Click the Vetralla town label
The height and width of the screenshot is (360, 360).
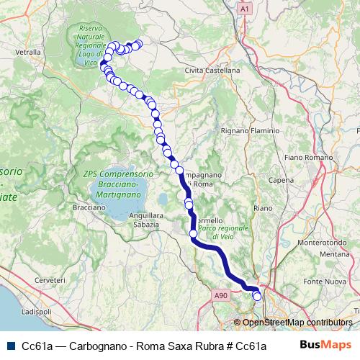[x=27, y=53]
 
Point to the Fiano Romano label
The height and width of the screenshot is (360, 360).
[x=307, y=156]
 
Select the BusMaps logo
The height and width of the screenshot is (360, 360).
[x=325, y=346]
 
